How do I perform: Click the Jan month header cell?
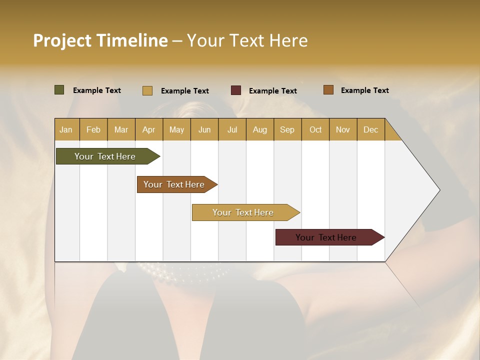(66, 129)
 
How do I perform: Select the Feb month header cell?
(93, 129)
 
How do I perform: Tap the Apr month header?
(149, 129)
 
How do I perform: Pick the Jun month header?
(204, 129)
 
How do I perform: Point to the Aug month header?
(260, 129)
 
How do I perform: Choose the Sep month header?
(287, 129)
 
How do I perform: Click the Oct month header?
(315, 129)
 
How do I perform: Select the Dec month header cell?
(370, 129)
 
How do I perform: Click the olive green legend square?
(59, 90)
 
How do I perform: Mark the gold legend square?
(147, 90)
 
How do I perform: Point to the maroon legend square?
(236, 90)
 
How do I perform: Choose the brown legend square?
(328, 90)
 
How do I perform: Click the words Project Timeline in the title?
(100, 40)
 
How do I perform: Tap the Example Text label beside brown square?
(364, 90)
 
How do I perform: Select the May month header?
(176, 129)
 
